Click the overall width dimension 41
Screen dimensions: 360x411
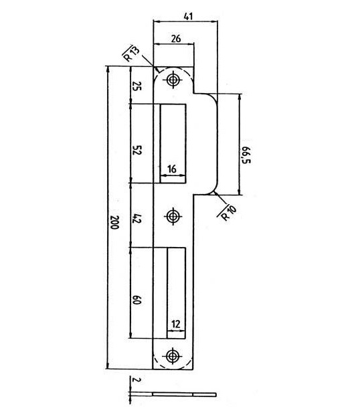coord(188,16)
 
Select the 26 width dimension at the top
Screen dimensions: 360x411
coord(176,39)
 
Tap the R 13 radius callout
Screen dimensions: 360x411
coord(132,54)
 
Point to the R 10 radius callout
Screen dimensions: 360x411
coord(227,212)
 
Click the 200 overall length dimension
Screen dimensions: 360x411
coord(114,222)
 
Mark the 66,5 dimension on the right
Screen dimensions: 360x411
coord(246,155)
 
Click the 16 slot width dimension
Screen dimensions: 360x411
coord(172,169)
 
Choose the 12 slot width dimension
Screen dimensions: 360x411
coord(176,324)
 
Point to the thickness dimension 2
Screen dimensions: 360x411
coord(135,380)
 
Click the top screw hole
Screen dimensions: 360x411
coord(173,80)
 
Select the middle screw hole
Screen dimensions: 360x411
coord(173,216)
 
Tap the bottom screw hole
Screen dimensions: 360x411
coord(173,355)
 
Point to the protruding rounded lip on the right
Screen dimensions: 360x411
coord(206,144)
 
